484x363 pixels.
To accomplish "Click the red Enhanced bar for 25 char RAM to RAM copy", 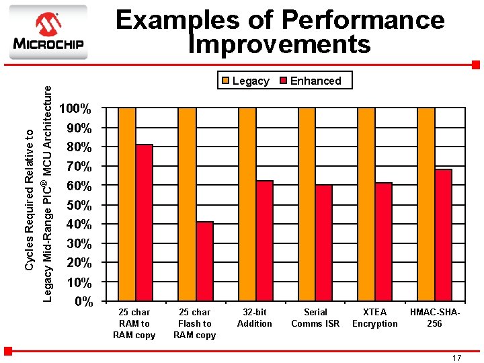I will point(144,222).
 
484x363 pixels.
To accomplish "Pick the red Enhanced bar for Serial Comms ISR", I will point(324,242).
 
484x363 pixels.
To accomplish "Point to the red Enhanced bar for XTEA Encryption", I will point(383,241).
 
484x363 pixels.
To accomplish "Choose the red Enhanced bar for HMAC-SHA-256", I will point(443,235).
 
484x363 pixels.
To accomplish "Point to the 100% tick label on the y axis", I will point(76,108).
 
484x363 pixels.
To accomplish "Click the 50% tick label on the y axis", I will point(79,205).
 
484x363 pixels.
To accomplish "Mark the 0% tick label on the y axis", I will point(82,301).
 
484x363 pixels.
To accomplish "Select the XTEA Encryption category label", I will point(374,318).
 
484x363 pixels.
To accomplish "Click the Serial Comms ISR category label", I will point(315,318).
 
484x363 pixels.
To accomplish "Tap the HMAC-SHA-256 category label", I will point(434,318).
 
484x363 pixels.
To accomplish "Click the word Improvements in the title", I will point(280,44).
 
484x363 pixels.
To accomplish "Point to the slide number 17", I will point(456,358).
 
